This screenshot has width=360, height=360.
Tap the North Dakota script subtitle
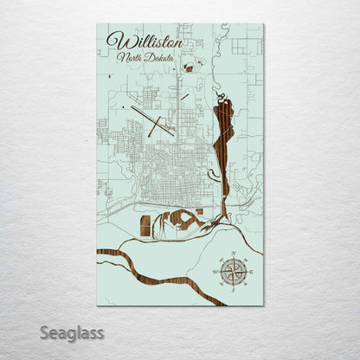pyautogui.click(x=145, y=58)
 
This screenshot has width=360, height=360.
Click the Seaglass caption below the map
pyautogui.click(x=71, y=332)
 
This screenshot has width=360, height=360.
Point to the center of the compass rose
pyautogui.click(x=232, y=272)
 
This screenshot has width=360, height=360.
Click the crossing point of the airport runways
pyautogui.click(x=154, y=121)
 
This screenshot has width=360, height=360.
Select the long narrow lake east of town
pyautogui.click(x=222, y=138)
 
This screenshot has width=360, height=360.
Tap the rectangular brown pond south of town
pyautogui.click(x=145, y=226)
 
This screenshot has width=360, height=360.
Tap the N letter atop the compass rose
pyautogui.click(x=232, y=254)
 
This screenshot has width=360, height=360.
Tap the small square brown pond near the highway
pyautogui.click(x=199, y=210)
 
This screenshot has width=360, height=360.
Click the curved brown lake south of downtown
pyautogui.click(x=180, y=218)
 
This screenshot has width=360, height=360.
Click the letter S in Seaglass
pyautogui.click(x=44, y=331)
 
